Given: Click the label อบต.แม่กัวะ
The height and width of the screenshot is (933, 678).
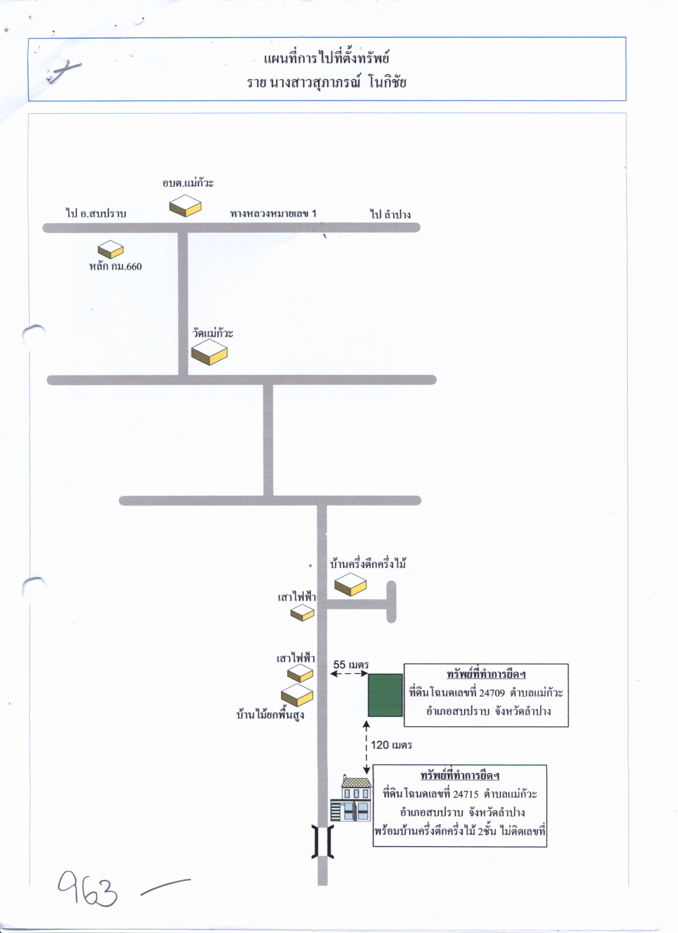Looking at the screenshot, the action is tap(188, 183).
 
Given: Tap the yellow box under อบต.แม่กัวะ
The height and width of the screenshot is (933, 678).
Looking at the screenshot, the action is tap(185, 206).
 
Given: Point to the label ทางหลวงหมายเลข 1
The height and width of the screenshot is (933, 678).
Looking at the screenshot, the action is tap(273, 214).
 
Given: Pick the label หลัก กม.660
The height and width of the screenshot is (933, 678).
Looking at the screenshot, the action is tap(116, 266).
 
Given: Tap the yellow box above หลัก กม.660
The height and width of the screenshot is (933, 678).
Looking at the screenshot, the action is tap(111, 249).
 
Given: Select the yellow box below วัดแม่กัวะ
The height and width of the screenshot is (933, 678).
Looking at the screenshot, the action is tap(209, 352).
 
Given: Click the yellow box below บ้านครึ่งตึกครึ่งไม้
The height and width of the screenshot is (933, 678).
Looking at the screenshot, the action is tap(350, 584).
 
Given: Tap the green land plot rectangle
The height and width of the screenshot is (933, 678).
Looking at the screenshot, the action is tap(385, 695).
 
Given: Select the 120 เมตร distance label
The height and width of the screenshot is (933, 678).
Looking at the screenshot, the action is tap(391, 745).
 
